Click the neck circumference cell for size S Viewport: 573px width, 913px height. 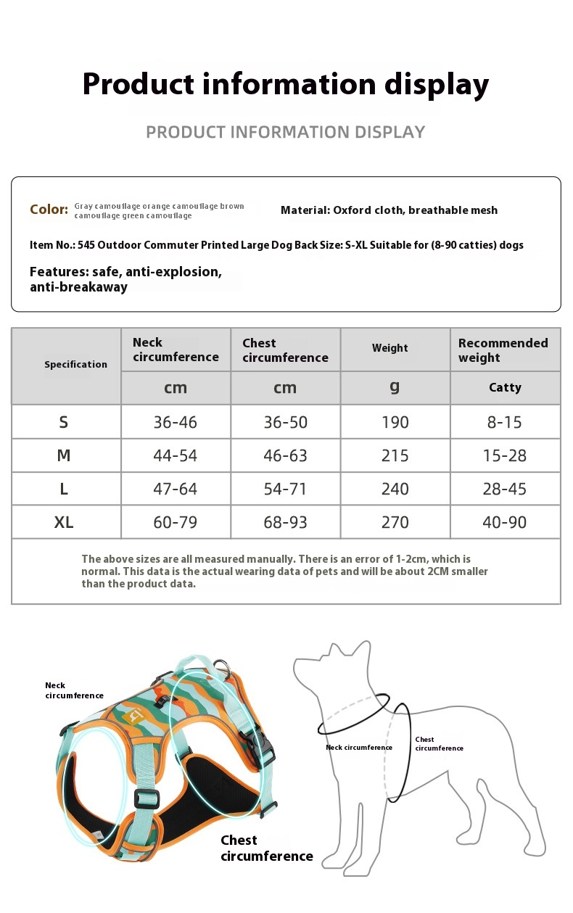tap(175, 422)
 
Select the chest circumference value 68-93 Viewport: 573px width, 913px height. tap(285, 522)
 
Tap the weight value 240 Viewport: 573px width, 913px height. tap(395, 489)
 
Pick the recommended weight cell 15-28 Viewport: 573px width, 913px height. tap(505, 455)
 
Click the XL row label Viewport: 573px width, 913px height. tap(64, 522)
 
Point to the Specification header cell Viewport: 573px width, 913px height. tap(75, 365)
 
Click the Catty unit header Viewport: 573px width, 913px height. tap(505, 387)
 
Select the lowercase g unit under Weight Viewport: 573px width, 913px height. tap(395, 387)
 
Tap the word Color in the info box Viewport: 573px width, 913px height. tap(49, 210)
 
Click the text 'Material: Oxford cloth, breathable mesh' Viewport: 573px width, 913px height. tap(389, 210)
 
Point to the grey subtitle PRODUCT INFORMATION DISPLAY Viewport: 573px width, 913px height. tap(285, 132)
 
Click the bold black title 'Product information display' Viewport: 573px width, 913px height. tap(285, 84)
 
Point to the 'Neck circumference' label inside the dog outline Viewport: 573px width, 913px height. tap(358, 748)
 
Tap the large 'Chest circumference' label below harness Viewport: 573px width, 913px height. tap(266, 848)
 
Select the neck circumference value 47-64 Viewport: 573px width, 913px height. tap(175, 489)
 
